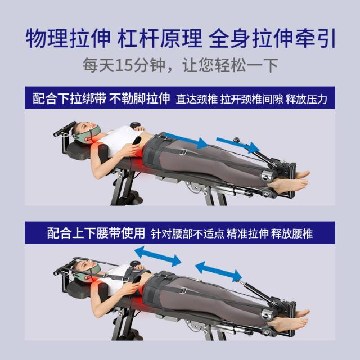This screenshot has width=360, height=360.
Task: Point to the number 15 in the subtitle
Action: click(125, 65)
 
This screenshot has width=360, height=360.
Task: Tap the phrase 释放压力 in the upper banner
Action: click(307, 100)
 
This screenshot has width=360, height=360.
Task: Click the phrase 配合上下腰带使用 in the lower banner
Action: click(96, 232)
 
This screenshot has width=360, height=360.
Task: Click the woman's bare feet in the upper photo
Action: click(292, 179)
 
